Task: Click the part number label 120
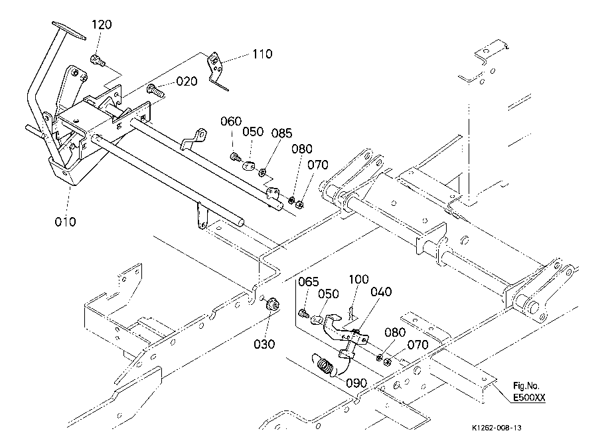click(102, 25)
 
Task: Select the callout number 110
click(263, 54)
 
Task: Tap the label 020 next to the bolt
click(187, 81)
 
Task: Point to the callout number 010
click(65, 222)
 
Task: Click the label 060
click(231, 121)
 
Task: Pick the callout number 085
click(281, 133)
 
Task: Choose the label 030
click(264, 344)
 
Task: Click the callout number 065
click(309, 282)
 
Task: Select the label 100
click(358, 279)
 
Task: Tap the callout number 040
click(381, 292)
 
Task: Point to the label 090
click(356, 383)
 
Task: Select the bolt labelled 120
click(98, 60)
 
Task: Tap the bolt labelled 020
click(155, 91)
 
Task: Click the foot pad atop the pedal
click(68, 30)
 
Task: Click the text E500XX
click(529, 398)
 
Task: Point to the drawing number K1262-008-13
click(496, 428)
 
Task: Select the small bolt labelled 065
click(303, 313)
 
